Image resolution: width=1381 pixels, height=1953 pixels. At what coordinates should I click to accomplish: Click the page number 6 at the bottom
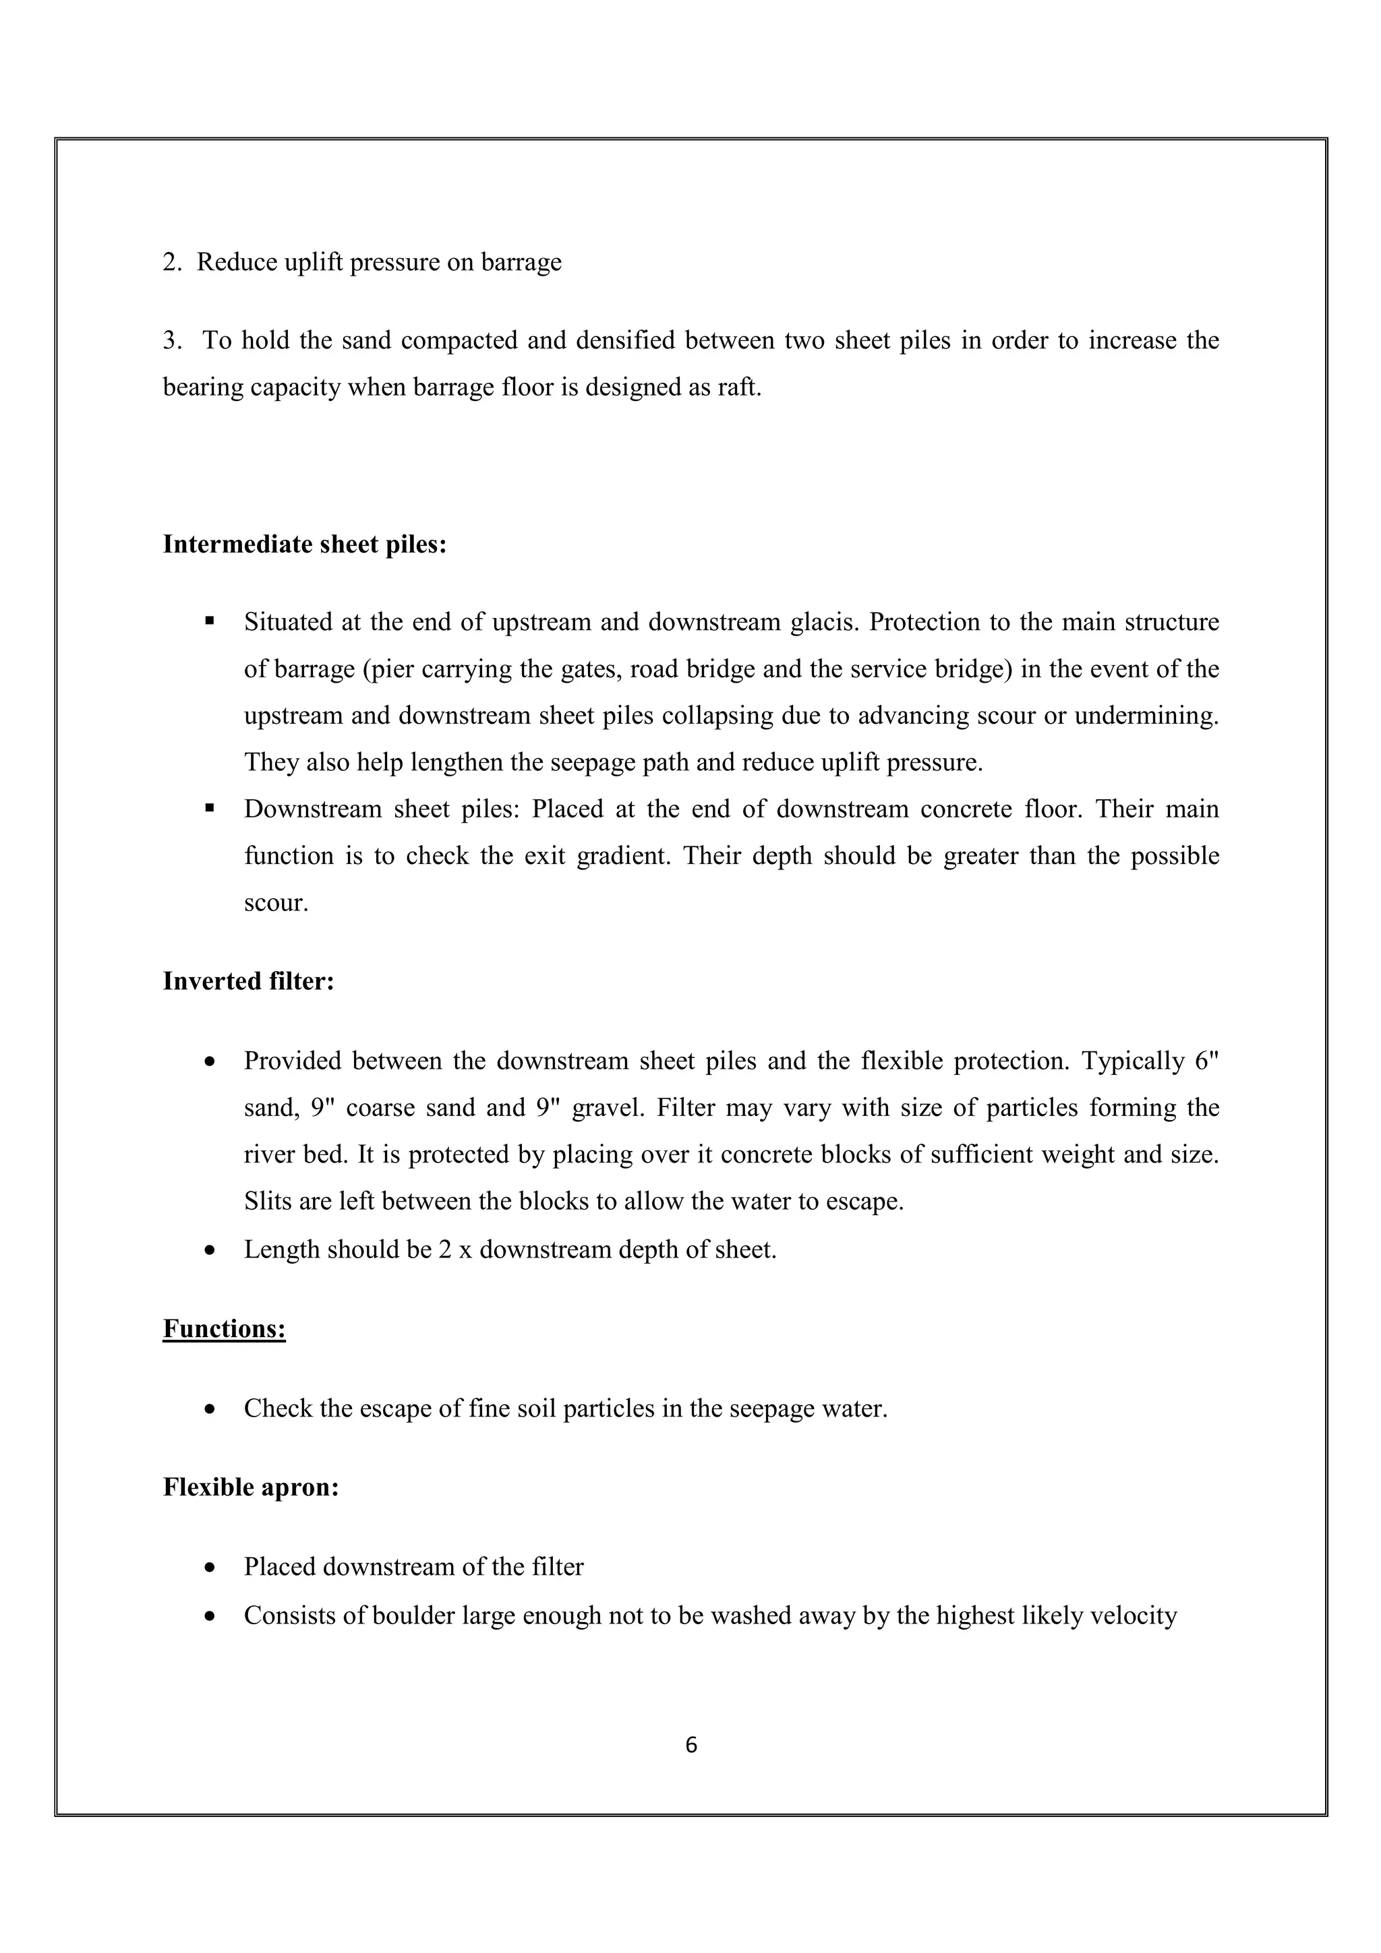[690, 1745]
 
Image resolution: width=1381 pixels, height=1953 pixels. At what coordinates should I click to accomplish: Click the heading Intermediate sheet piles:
[305, 545]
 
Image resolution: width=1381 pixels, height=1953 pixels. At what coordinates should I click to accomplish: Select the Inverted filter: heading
[248, 982]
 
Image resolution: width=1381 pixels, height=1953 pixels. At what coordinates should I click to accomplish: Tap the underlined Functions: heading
[224, 1329]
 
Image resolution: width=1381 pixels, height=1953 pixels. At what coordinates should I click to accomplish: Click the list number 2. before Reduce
[172, 262]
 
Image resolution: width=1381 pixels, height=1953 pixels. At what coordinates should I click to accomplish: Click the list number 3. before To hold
[172, 341]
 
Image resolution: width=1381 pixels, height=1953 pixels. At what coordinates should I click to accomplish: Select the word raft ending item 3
[743, 388]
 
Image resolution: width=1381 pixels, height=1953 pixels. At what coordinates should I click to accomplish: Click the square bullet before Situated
[209, 622]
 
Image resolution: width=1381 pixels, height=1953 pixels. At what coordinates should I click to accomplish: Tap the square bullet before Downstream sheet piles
[209, 808]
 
